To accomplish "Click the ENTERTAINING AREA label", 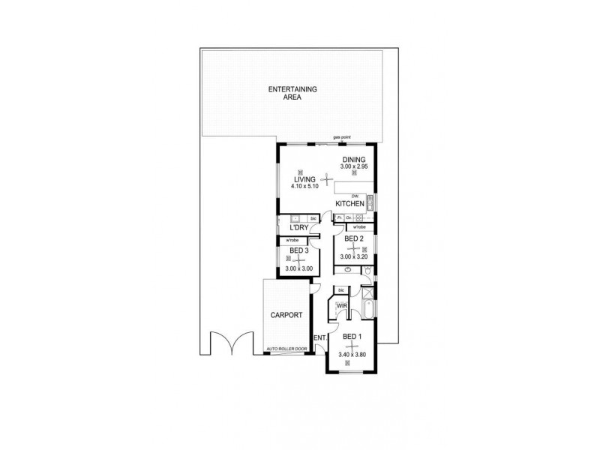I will tap(293, 94).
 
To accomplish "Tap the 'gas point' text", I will tap(343, 138).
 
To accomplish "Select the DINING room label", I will tap(353, 160).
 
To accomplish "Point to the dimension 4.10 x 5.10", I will tap(305, 186).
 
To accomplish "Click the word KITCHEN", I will tap(350, 204).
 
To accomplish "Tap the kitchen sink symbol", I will tap(370, 201).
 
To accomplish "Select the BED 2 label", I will tap(354, 239).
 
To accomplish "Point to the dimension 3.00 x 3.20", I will tap(354, 257).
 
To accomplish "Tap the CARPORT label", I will tap(286, 315).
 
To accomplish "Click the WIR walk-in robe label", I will tap(340, 306).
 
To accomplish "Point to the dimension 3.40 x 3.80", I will tap(351, 355).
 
